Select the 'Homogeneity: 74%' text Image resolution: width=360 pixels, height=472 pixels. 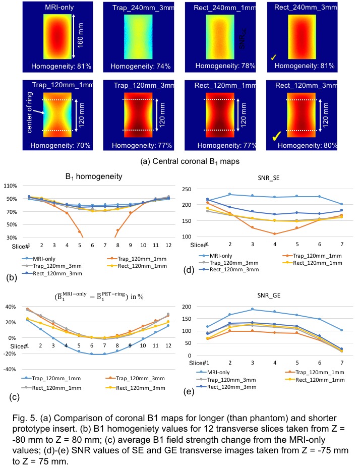click(x=131, y=66)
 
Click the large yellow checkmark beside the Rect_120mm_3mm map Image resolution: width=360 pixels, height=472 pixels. click(x=277, y=136)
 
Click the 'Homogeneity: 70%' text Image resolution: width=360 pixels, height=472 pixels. click(x=61, y=145)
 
